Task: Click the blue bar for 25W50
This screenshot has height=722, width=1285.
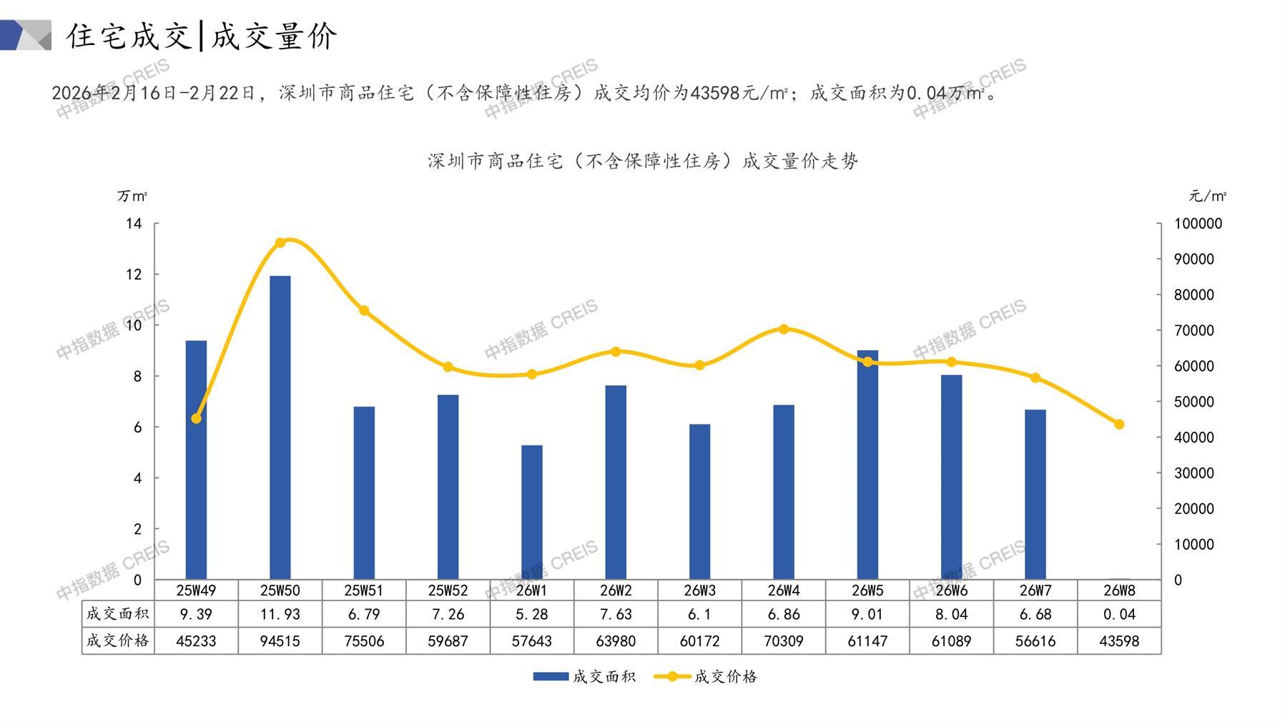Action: click(x=280, y=427)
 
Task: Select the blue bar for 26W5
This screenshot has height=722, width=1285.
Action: click(x=867, y=465)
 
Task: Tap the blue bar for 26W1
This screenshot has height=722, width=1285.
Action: click(x=531, y=512)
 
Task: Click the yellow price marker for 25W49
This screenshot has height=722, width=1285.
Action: click(x=197, y=418)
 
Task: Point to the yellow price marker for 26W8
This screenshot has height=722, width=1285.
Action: click(x=1119, y=425)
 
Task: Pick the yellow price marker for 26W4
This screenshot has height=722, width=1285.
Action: click(x=784, y=330)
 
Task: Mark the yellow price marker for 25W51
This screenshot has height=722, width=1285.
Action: click(x=364, y=311)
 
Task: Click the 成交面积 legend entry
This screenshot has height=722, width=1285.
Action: click(x=584, y=676)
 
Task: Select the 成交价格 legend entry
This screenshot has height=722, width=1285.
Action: click(x=706, y=676)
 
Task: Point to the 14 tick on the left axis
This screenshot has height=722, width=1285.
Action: click(x=134, y=224)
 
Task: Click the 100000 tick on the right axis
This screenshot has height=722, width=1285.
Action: click(x=1198, y=224)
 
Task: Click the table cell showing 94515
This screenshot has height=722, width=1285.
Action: click(x=280, y=641)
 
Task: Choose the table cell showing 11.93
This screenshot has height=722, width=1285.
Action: click(x=280, y=614)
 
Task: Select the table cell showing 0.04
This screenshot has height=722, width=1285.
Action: click(x=1119, y=614)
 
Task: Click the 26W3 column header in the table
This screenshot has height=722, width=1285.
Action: click(x=699, y=590)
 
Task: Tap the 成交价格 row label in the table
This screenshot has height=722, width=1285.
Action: click(x=118, y=641)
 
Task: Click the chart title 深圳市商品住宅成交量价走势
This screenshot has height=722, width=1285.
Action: click(x=642, y=161)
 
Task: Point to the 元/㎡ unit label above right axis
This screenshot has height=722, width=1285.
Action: click(x=1207, y=196)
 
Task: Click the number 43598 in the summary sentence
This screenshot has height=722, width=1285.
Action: click(x=716, y=93)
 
